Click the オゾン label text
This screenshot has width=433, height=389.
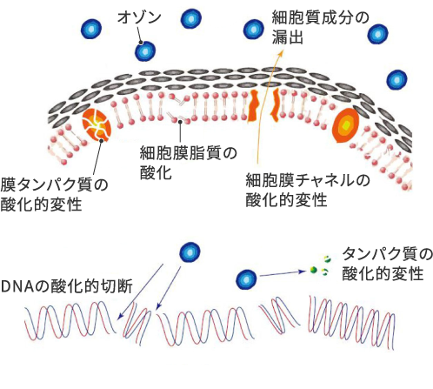point(139,17)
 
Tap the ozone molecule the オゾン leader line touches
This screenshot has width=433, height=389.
point(145,51)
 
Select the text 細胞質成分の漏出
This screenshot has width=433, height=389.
point(320,28)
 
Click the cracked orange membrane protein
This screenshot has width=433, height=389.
point(97,125)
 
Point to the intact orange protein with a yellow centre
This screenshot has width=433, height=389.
point(346,125)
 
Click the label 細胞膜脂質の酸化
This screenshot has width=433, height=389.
point(189,163)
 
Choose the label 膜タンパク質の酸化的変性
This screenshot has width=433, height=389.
point(54,195)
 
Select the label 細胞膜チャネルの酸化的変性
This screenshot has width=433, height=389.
point(308,191)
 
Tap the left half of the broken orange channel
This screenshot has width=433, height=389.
point(254,105)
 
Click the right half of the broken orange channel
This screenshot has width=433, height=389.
point(275,105)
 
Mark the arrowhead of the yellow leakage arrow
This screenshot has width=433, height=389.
point(282,52)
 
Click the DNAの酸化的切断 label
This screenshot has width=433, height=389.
point(67,286)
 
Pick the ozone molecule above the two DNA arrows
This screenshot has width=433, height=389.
point(190,252)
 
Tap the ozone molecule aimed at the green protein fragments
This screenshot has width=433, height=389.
point(246,279)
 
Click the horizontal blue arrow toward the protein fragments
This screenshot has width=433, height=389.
point(283,273)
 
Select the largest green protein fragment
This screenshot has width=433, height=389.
point(313,270)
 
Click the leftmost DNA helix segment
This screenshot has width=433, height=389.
point(70,320)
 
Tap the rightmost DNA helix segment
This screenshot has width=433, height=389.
point(351,323)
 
